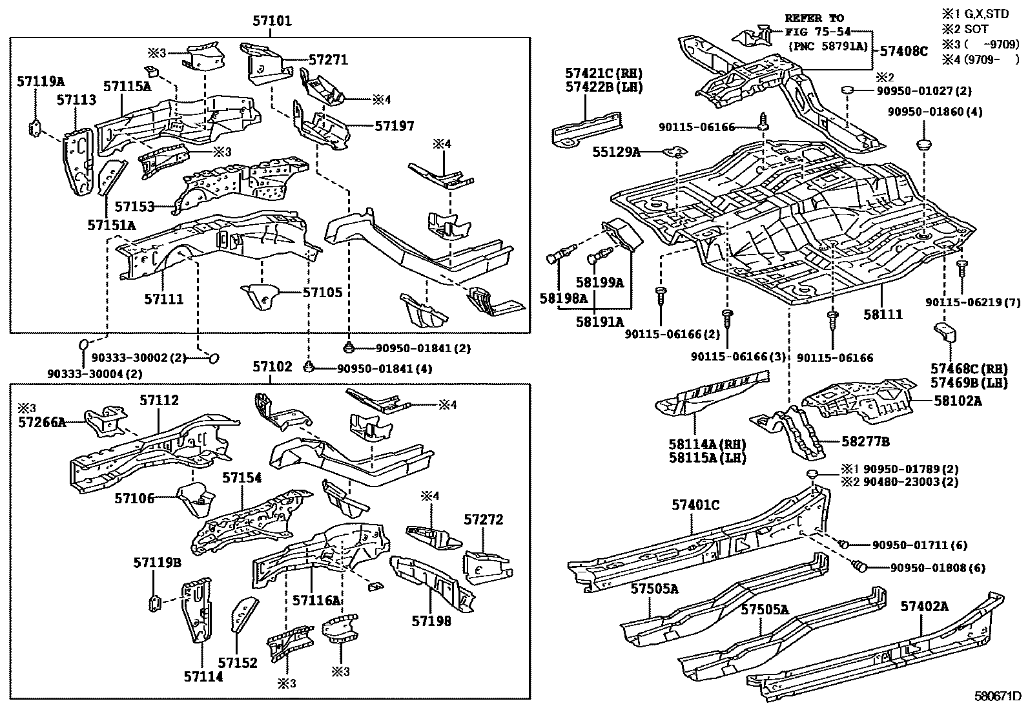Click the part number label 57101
coord(272,21)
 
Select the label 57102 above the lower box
coord(272,367)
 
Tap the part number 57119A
coord(41,82)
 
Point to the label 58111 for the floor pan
coord(883,315)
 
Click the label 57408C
coord(901,51)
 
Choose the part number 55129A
coord(617,152)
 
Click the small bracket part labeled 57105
coord(260,297)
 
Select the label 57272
coord(483,520)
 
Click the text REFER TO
coord(814,18)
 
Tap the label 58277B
coord(865,441)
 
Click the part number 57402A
coord(925,606)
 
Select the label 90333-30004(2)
coord(95,373)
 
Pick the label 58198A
coord(564,298)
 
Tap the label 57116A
coord(316,600)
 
